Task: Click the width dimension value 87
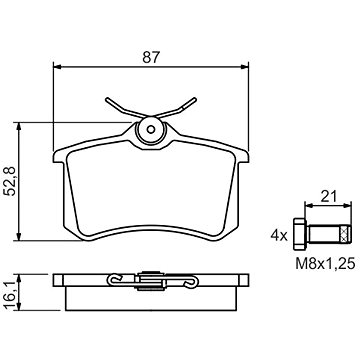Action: point(151,57)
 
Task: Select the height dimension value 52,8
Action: point(11,181)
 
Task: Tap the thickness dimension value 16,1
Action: point(11,292)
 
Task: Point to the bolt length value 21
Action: point(329,197)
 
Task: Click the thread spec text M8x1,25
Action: point(325,264)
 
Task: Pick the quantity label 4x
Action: point(279,236)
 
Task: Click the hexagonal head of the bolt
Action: point(299,234)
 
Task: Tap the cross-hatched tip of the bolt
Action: point(346,234)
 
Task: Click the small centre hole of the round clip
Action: point(151,130)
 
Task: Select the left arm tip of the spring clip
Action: point(107,99)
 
